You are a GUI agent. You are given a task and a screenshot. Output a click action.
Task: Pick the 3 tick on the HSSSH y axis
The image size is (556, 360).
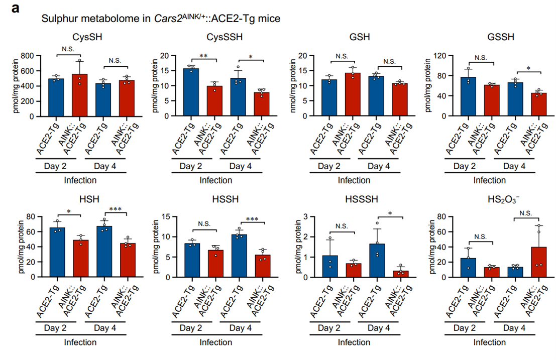[316, 216]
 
